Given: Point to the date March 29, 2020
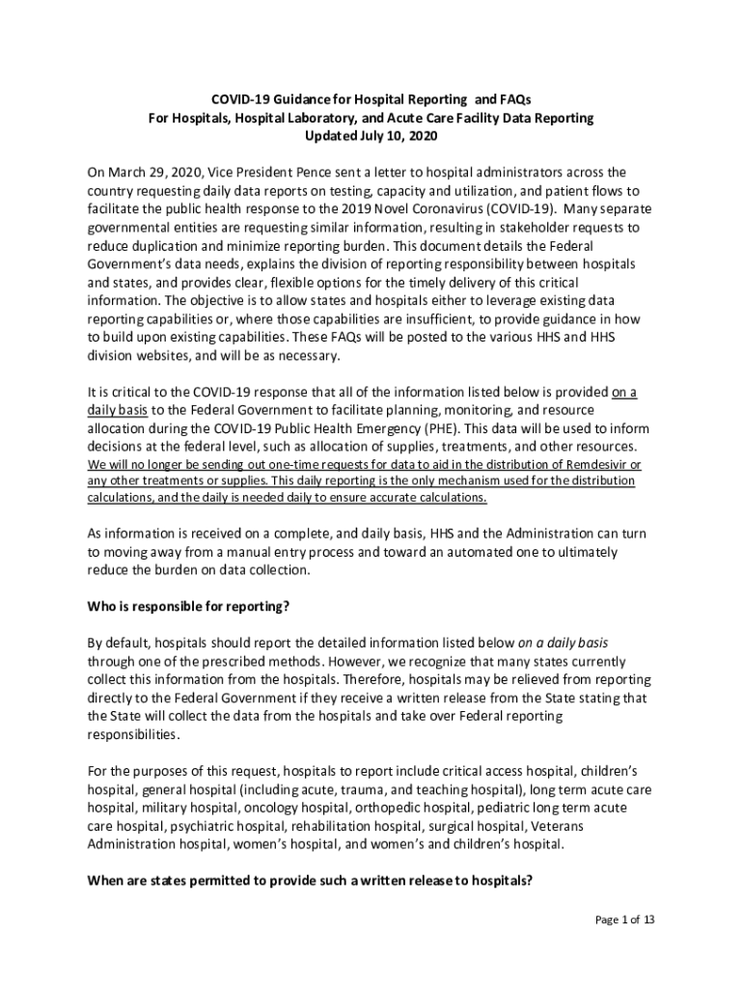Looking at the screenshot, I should point(150,173).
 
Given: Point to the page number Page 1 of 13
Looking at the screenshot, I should point(624,919).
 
